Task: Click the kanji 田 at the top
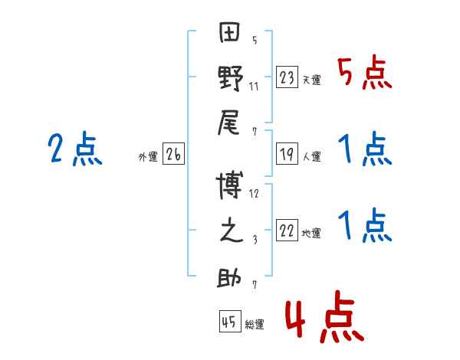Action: [229, 32]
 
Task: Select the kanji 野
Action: [230, 78]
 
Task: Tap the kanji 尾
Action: [228, 123]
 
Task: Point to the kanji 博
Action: [229, 185]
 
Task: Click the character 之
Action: [232, 230]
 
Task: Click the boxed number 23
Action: [287, 77]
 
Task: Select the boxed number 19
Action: [287, 153]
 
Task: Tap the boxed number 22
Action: [287, 230]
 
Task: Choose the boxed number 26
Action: [173, 153]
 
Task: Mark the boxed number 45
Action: [230, 321]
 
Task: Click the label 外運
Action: [148, 156]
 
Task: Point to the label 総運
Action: [255, 324]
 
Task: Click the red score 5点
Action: [364, 72]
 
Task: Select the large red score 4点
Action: [325, 316]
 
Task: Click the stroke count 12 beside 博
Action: [254, 194]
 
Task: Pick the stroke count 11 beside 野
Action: [254, 87]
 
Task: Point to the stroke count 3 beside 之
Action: [255, 240]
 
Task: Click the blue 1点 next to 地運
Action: [365, 225]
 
